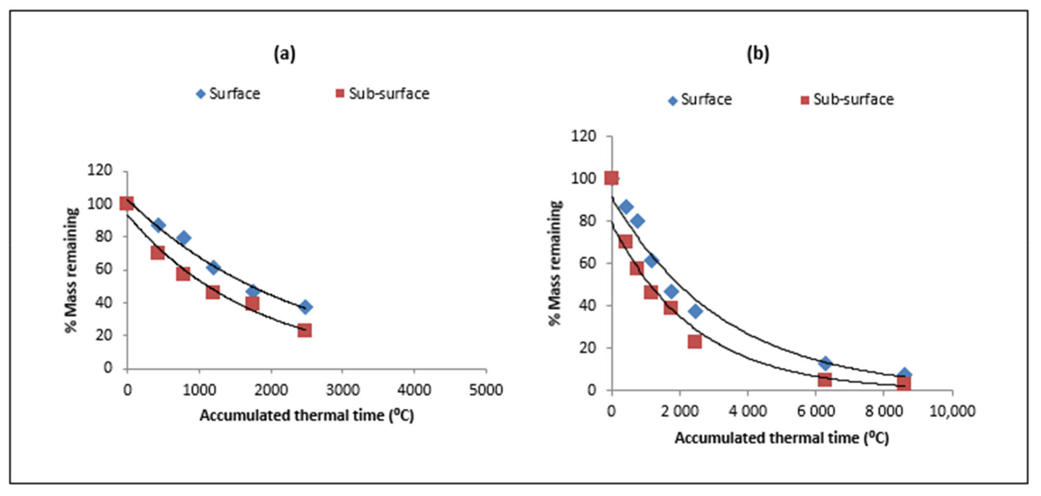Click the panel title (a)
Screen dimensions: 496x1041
click(285, 54)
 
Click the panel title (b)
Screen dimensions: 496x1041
click(758, 54)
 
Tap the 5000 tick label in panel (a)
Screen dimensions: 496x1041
click(486, 390)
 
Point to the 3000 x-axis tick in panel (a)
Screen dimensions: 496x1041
click(343, 390)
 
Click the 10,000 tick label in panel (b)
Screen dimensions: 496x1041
click(952, 411)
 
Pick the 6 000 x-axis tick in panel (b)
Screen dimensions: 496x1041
click(816, 411)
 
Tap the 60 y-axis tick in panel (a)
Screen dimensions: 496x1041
click(103, 269)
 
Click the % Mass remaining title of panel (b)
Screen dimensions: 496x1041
click(555, 263)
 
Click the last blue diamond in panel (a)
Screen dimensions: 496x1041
click(306, 307)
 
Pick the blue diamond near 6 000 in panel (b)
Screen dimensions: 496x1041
click(825, 363)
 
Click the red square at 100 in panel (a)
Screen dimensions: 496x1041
click(126, 204)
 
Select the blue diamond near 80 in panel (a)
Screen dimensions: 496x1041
click(184, 238)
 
